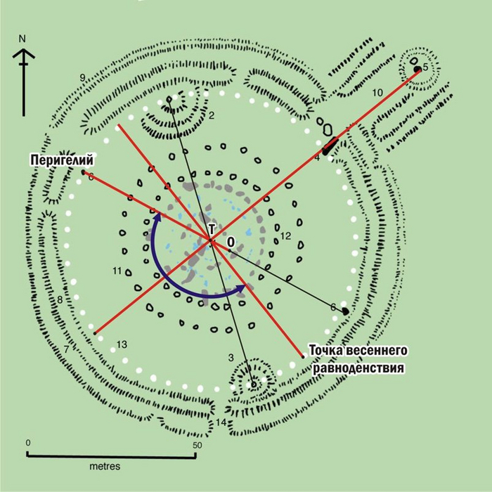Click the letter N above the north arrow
[x=23, y=38]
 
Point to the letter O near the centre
[x=230, y=242]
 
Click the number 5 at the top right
[x=425, y=67]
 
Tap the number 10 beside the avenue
[x=377, y=92]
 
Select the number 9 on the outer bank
[x=83, y=77]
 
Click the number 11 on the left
[x=117, y=271]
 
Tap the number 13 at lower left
[x=122, y=344]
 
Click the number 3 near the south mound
[x=230, y=358]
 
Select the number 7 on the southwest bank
[x=66, y=349]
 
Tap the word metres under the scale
[x=105, y=466]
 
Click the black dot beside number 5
[x=417, y=70]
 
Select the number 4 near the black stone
[x=317, y=157]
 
